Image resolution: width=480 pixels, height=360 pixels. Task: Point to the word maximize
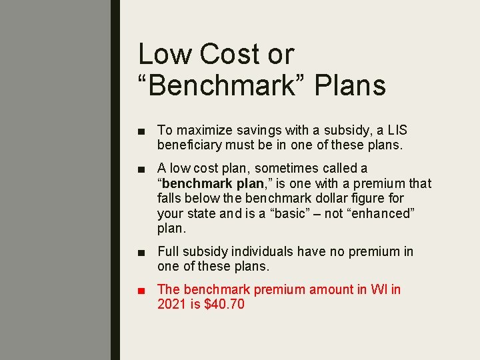pos(201,131)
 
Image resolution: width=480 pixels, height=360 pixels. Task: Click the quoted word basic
pos(295,213)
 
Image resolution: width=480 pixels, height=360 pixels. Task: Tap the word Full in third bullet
pos(168,252)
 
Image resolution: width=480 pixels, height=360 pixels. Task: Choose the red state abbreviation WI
pos(377,290)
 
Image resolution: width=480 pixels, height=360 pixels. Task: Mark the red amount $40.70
pos(223,305)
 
